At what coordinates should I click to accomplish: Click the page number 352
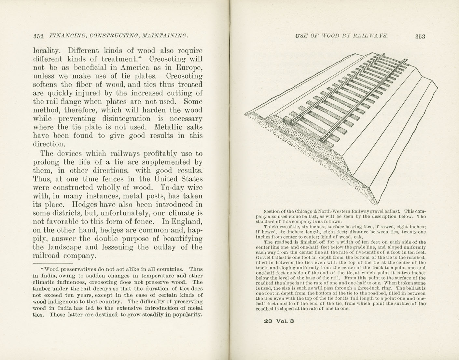tap(38, 36)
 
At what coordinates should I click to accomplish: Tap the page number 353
tap(420, 36)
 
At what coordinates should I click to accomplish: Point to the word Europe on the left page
tap(189, 68)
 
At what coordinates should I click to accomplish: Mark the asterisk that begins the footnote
tap(42, 269)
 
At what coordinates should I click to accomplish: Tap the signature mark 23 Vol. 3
tap(279, 321)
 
